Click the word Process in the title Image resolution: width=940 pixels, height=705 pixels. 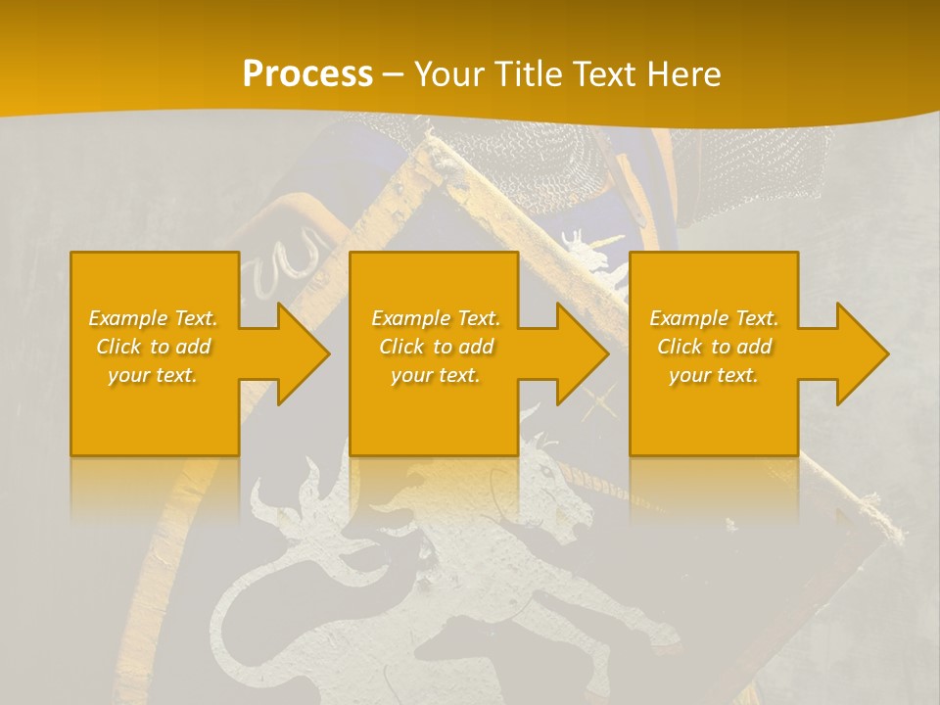tap(307, 74)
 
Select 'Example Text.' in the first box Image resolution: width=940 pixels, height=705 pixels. tap(154, 318)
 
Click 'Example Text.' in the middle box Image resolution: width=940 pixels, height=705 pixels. tap(436, 318)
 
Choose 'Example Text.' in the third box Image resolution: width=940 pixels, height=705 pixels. tap(714, 318)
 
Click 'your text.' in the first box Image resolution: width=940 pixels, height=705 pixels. tap(153, 375)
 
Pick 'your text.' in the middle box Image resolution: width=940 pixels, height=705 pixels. tap(436, 375)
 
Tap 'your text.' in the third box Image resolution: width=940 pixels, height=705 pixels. tap(714, 375)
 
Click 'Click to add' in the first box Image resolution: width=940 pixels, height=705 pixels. tap(154, 347)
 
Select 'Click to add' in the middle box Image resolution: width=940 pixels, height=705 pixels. tap(436, 347)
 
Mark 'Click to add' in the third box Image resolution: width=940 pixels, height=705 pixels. tap(714, 347)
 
